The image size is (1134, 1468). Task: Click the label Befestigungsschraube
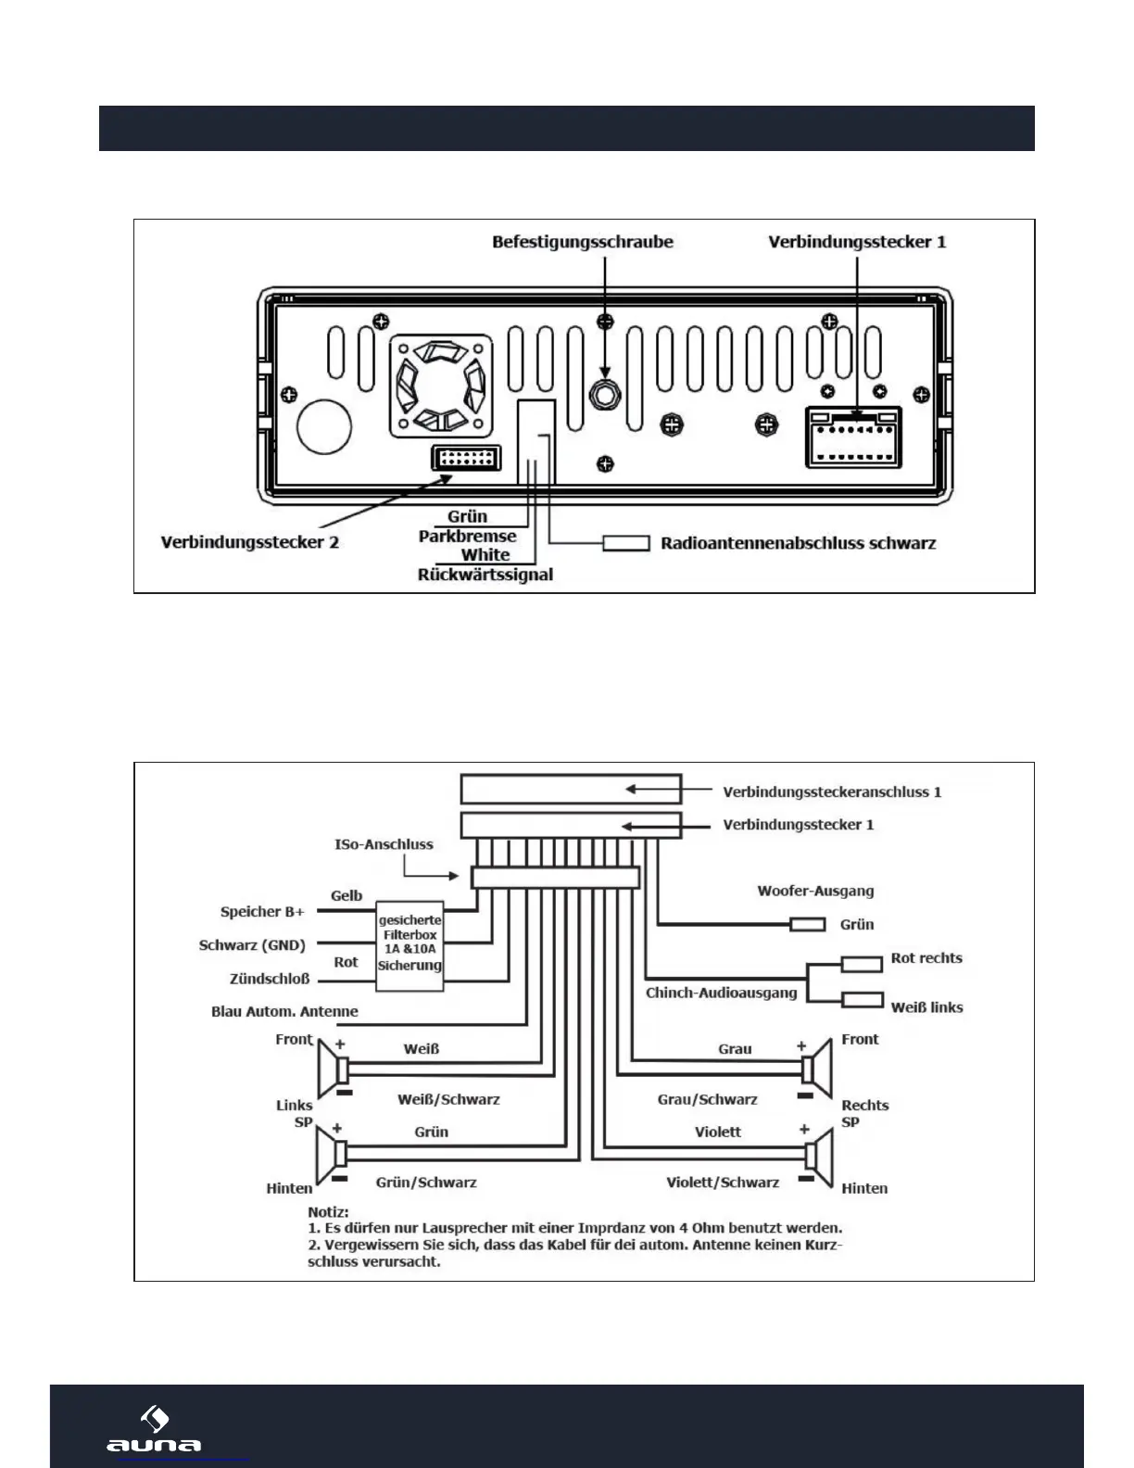point(583,242)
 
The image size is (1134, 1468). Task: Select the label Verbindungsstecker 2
point(250,542)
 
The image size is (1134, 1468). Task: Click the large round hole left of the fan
point(323,425)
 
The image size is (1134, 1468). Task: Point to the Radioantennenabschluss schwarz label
point(798,543)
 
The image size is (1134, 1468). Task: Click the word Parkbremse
point(467,536)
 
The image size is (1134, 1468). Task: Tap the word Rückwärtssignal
point(485,575)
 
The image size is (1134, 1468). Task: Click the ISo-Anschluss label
point(384,844)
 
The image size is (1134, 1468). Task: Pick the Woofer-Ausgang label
point(815,891)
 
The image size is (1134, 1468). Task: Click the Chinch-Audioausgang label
point(721,993)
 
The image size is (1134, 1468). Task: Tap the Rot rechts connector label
point(926,957)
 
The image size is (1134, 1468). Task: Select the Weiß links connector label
point(926,1006)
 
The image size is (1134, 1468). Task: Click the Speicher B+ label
point(262,911)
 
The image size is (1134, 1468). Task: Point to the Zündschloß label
point(270,979)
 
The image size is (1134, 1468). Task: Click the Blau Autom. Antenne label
point(284,1011)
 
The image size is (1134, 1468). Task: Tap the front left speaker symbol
point(333,1069)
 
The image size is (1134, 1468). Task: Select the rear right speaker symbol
point(818,1156)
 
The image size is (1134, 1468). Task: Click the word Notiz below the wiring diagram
point(328,1211)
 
